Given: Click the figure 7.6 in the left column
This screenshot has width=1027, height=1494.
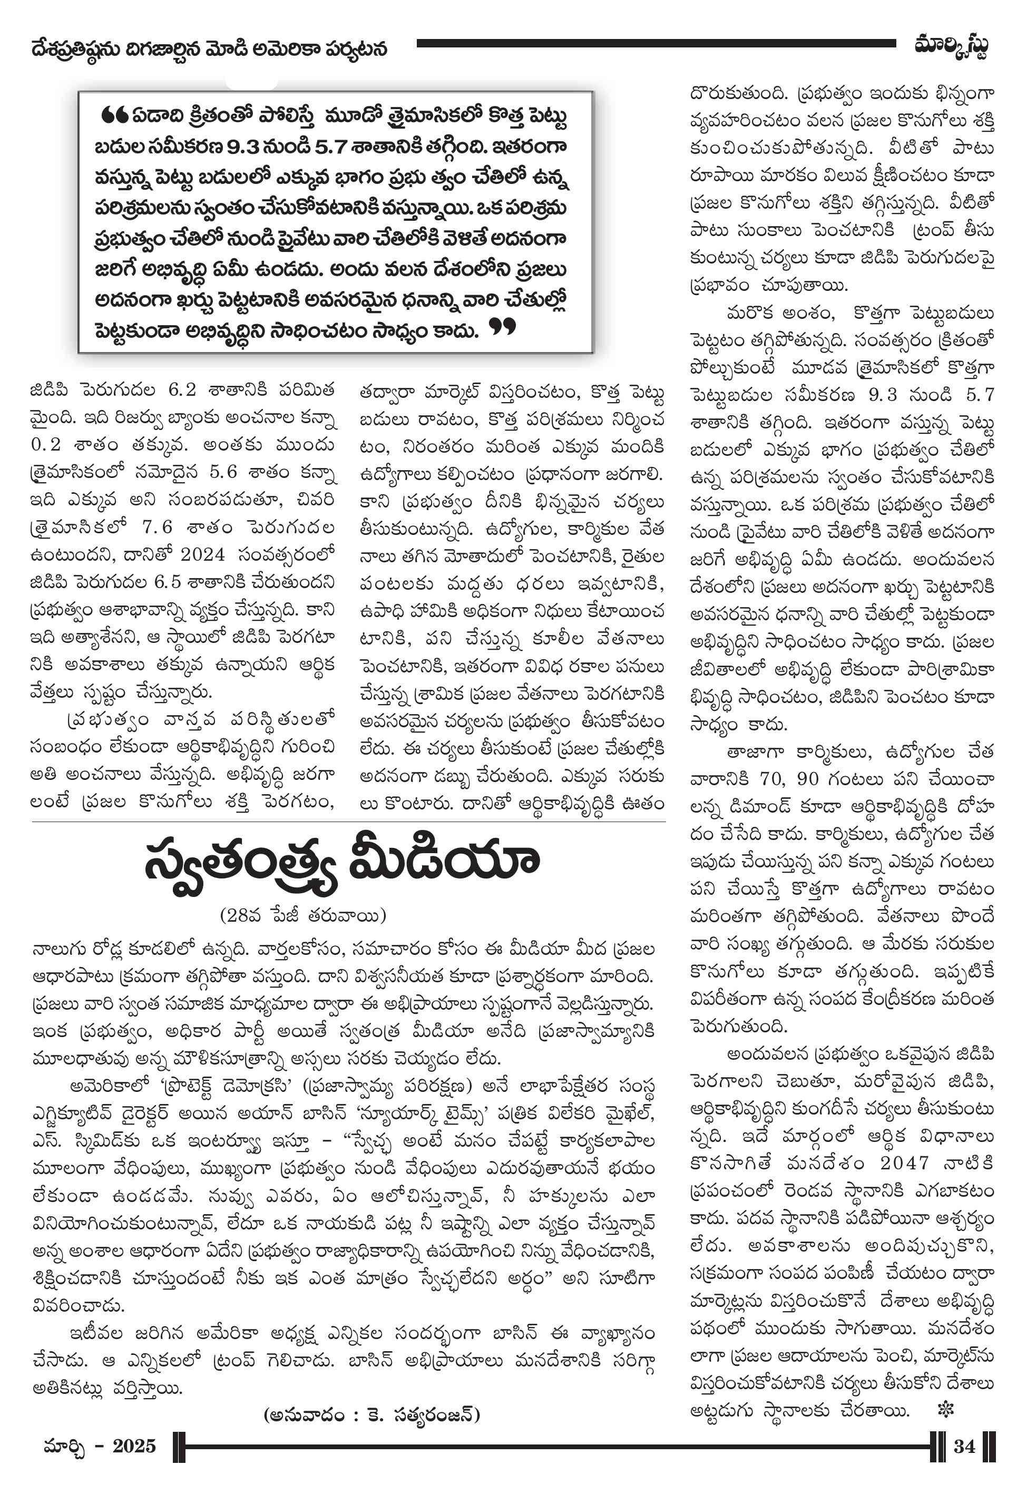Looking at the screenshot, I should coord(157,527).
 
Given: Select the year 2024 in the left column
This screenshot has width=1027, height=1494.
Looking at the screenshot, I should coord(202,554).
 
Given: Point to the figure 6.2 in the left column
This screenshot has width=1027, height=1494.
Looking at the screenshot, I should coord(181,390).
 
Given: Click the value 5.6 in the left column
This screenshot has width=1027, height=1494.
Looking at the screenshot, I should coord(223,472).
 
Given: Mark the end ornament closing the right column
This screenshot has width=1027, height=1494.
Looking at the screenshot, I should coord(945,1410).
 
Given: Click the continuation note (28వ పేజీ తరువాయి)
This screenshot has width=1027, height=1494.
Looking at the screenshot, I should coord(302,914).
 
